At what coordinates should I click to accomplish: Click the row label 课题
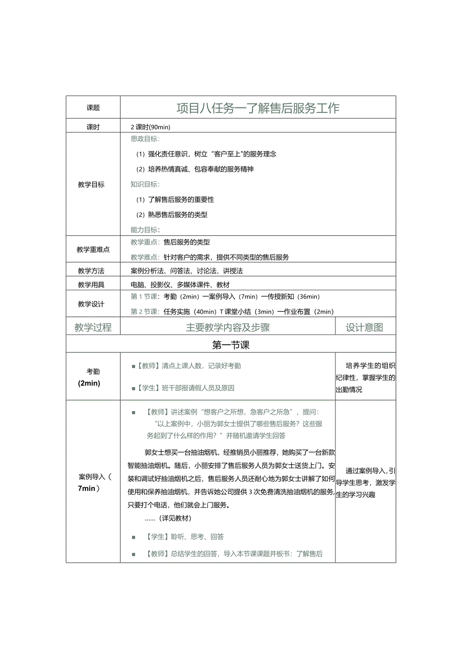pos(93,108)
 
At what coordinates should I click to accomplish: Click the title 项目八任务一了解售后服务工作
pos(258,108)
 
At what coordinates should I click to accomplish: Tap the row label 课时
pos(93,127)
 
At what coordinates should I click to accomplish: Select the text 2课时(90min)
pos(151,127)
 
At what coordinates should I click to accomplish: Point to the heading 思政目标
pos(145,139)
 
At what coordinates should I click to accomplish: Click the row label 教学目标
pos(91,185)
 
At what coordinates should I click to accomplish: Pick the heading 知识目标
pos(145,184)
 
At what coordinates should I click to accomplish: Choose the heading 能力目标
pos(145,230)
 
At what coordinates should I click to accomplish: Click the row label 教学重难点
pos(93,249)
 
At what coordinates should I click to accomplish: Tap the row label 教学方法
pos(91,271)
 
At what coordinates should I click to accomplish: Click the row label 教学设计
pos(91,304)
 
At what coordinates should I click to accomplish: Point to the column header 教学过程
pos(93,328)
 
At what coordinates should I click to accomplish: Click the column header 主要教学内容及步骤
pos(227,328)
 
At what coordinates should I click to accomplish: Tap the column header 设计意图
pos(365,328)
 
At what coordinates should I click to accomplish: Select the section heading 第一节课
pos(231,345)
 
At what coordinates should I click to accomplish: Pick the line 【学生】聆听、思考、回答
pos(184,537)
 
